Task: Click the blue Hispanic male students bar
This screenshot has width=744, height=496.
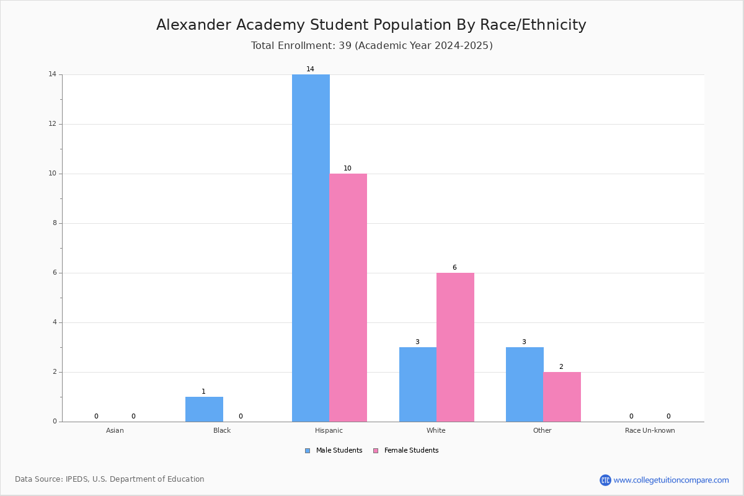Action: pos(311,248)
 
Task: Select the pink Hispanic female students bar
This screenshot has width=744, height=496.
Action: pos(348,298)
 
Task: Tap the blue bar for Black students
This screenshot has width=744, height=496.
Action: pos(204,409)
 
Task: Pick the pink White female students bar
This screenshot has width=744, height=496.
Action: pos(455,347)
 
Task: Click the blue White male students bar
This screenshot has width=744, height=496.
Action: pos(418,384)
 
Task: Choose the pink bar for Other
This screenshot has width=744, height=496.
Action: pos(562,397)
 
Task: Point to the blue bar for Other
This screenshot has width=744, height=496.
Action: pos(525,384)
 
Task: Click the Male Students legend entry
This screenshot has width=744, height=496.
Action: pos(334,451)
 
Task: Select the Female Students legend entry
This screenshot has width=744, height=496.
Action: pos(406,451)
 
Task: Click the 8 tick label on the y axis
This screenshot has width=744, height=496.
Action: pos(55,223)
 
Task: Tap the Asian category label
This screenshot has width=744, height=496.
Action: pos(115,430)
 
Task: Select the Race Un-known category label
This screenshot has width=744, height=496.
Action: pos(650,430)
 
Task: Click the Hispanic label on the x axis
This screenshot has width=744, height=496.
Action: pos(329,430)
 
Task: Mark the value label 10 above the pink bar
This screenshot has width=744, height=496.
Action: pos(347,168)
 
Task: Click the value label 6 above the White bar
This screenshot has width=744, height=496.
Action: pos(454,267)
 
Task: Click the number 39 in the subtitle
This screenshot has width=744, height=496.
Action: pos(345,45)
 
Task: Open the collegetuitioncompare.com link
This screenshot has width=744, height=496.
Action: pos(671,480)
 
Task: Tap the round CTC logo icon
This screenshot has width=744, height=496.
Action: pos(606,480)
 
